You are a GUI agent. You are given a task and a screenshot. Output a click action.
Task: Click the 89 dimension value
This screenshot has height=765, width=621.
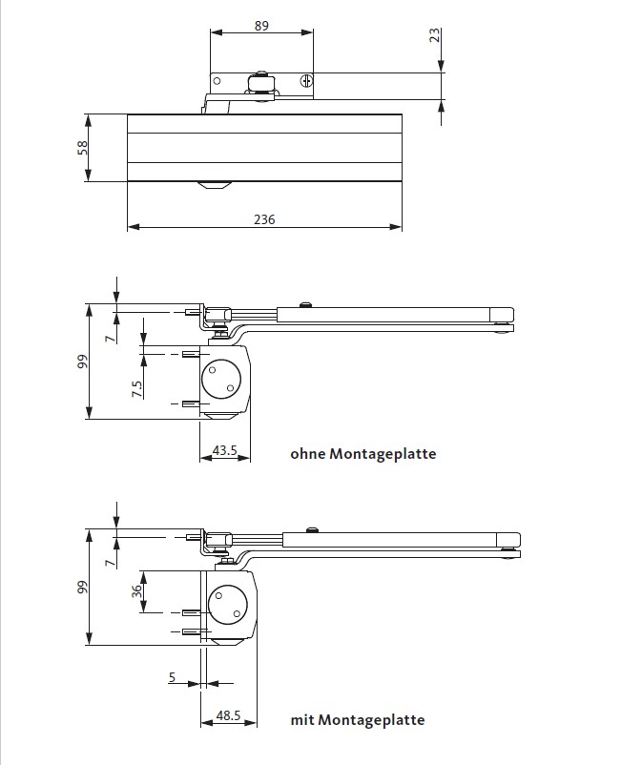[260, 26]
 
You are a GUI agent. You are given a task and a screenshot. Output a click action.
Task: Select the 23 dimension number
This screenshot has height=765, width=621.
[435, 36]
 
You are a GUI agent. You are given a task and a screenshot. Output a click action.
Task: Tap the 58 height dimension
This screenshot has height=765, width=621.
[83, 147]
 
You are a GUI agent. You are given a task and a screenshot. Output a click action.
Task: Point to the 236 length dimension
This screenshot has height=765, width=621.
[264, 219]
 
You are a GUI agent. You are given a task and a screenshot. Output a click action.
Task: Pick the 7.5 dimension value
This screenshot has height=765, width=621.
[137, 389]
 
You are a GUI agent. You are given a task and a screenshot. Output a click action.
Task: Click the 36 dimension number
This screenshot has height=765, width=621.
[136, 591]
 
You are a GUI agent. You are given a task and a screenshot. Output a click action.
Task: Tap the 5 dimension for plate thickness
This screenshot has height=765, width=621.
[172, 677]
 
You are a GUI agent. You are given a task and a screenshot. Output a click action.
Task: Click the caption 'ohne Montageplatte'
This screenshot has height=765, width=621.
[362, 454]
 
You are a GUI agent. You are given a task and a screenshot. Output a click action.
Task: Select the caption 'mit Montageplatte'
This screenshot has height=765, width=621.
[358, 720]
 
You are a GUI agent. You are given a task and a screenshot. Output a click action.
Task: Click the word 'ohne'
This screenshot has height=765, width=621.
[308, 454]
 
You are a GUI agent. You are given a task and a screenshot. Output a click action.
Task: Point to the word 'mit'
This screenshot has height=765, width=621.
[302, 720]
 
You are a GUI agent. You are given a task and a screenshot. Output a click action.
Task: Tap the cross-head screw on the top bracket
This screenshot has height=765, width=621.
[306, 83]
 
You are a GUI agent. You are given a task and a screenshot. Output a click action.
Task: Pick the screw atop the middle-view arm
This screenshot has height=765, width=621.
[303, 304]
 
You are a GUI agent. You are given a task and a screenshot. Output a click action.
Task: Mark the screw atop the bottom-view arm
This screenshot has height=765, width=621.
[310, 529]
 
